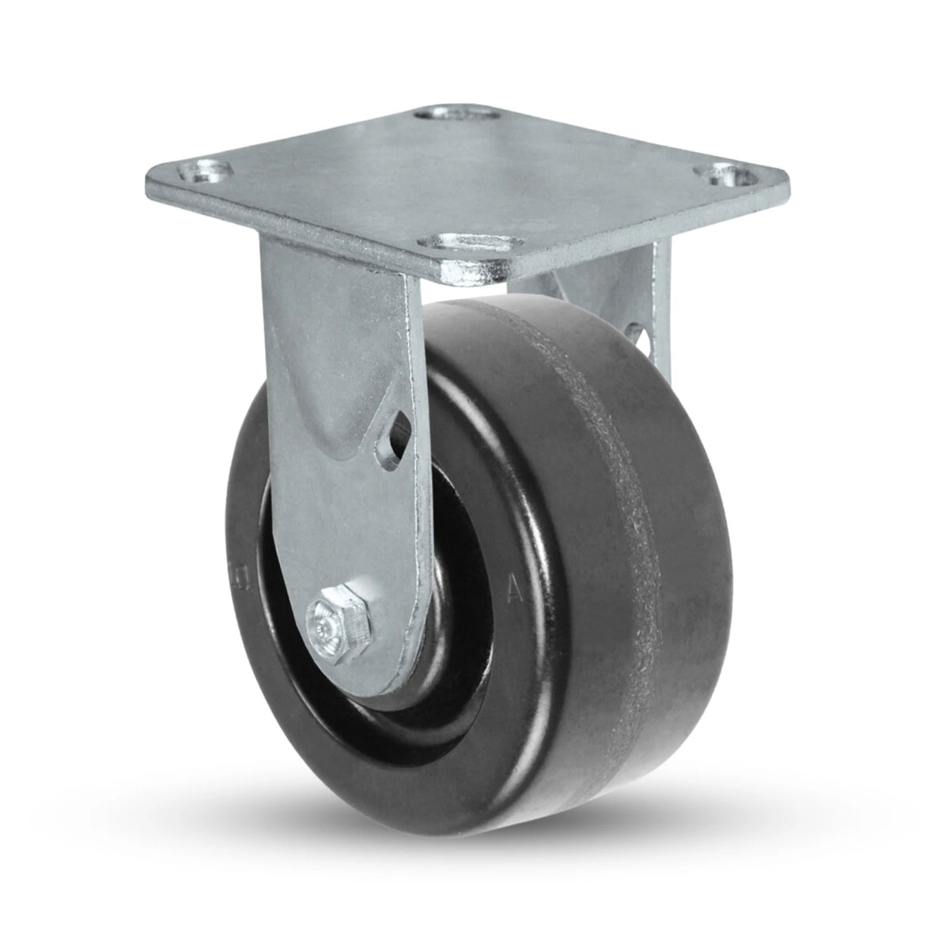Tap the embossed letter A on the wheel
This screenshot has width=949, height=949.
(x=512, y=588)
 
